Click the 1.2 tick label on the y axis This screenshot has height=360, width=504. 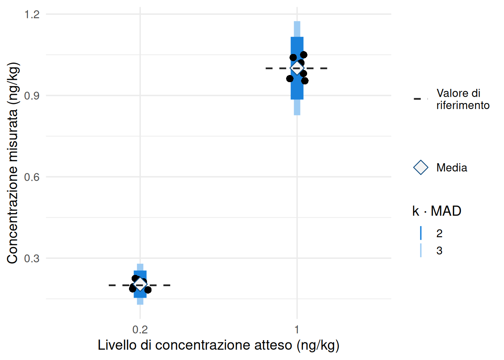click(31, 14)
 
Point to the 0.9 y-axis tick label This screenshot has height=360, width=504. click(31, 96)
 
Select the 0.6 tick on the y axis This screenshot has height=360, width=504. click(31, 177)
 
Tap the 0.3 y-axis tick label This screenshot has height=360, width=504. click(31, 258)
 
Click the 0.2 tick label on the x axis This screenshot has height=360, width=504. click(140, 330)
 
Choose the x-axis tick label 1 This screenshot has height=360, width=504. click(297, 330)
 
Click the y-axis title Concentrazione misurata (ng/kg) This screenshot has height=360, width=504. click(12, 163)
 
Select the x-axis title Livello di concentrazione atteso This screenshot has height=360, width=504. click(218, 345)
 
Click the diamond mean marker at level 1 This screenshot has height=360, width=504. click(297, 68)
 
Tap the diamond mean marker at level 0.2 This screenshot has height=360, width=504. click(140, 284)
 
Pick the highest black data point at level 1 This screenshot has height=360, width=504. click(303, 55)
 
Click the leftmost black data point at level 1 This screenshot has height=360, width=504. click(290, 78)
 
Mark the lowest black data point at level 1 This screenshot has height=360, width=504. click(305, 81)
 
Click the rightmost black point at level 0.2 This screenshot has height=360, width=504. click(148, 290)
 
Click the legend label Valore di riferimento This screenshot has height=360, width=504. click(463, 99)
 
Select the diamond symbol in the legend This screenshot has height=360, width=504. click(421, 167)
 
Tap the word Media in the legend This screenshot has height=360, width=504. click(451, 168)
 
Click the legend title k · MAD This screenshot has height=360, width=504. click(436, 211)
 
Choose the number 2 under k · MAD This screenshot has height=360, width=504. click(439, 233)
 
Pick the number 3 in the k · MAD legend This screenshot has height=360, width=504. click(439, 250)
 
